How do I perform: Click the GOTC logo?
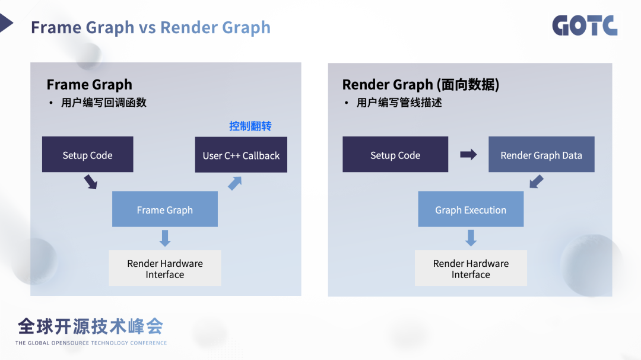point(585,26)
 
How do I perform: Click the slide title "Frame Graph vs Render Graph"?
point(151,27)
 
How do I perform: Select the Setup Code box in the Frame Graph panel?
point(87,155)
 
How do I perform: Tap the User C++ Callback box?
point(241,155)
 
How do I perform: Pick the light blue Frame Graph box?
point(164,209)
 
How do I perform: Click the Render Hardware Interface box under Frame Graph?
point(164,268)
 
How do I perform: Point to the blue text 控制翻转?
point(250,126)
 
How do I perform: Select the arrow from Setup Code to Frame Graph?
point(90,181)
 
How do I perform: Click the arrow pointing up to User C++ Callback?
point(235,183)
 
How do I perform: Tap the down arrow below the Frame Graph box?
point(165,238)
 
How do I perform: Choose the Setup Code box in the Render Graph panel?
point(395,155)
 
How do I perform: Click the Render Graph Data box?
point(541,155)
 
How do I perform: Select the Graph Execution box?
point(471,209)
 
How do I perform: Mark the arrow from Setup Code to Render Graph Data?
point(468,155)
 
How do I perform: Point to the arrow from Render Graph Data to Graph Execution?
point(537,181)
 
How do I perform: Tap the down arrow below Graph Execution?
point(471,238)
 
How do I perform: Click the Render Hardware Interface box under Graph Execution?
point(471,268)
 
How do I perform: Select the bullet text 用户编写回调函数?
point(103,103)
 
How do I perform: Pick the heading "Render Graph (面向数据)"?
point(420,84)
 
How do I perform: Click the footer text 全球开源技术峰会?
point(90,326)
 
